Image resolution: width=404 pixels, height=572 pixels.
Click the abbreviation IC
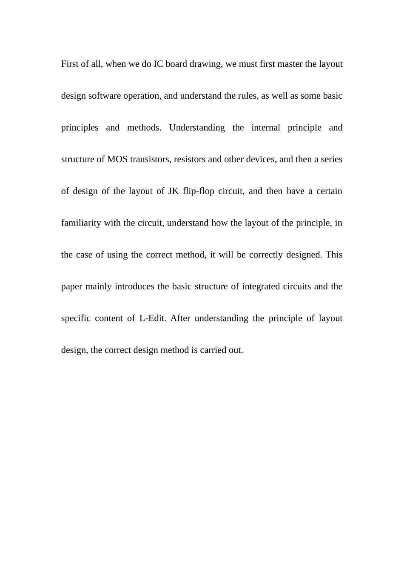[x=158, y=64]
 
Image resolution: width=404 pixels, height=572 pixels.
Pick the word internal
[x=266, y=128]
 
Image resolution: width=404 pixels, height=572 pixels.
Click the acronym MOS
[x=117, y=159]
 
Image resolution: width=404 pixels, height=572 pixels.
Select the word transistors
[x=151, y=159]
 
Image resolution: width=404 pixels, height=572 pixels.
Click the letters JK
[x=173, y=191]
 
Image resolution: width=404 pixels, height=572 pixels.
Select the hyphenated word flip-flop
[x=199, y=191]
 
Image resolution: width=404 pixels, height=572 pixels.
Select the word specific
[x=76, y=318]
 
